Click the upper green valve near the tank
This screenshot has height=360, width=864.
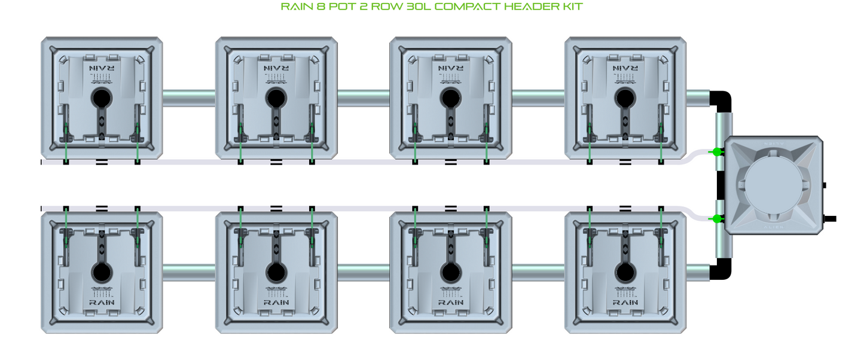point(716,152)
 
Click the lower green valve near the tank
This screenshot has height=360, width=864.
point(716,219)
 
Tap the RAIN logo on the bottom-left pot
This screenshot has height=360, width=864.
point(102,302)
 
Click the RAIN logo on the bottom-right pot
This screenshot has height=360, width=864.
point(625,302)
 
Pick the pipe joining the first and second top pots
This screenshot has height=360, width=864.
point(189,97)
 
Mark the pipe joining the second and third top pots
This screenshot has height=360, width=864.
point(364,97)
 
